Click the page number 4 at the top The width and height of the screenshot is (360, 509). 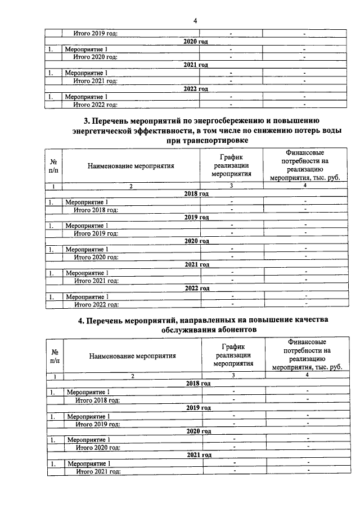pyautogui.click(x=195, y=21)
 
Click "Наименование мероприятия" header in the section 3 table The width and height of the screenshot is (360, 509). pyautogui.click(x=130, y=166)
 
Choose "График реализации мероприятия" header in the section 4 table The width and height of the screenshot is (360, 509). pyautogui.click(x=233, y=355)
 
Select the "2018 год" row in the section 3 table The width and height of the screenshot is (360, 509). pyautogui.click(x=196, y=193)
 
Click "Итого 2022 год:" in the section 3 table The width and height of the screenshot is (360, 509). pyautogui.click(x=96, y=305)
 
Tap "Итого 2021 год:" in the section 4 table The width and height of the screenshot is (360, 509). pyautogui.click(x=98, y=471)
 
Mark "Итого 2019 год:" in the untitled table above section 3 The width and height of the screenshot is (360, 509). pyautogui.click(x=95, y=34)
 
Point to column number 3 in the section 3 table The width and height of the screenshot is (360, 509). pyautogui.click(x=231, y=186)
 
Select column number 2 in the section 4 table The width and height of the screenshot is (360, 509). pyautogui.click(x=132, y=375)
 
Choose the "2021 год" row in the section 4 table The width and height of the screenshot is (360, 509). pyautogui.click(x=199, y=455)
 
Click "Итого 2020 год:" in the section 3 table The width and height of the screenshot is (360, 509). pyautogui.click(x=96, y=257)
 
